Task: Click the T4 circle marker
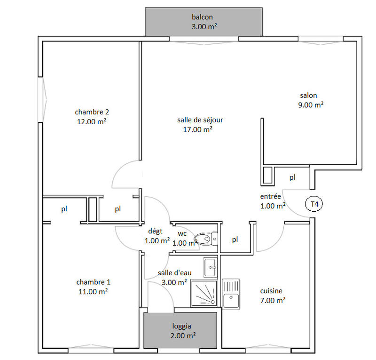(x=314, y=204)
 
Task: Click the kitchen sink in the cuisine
(x=231, y=294)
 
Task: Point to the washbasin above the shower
(x=210, y=267)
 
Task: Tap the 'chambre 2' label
(x=92, y=112)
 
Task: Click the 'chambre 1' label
(x=93, y=282)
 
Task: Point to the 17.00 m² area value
(x=197, y=129)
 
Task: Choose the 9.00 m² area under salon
(x=311, y=105)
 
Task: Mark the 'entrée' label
(x=270, y=196)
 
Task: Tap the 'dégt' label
(x=155, y=231)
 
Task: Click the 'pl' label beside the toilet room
(x=235, y=240)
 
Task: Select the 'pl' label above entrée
(x=292, y=177)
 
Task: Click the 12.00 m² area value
(x=92, y=121)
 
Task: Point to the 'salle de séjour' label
(x=200, y=120)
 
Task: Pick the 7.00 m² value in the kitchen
(x=273, y=300)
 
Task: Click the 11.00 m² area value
(x=93, y=292)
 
